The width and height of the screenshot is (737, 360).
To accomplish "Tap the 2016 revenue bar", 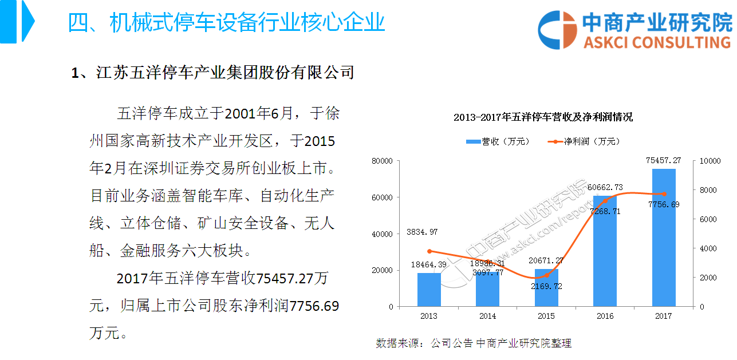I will [605, 252].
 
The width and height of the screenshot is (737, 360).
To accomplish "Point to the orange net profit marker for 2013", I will [429, 251].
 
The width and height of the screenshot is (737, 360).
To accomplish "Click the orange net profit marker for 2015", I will [546, 275].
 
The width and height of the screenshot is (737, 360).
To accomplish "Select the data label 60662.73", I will [607, 187].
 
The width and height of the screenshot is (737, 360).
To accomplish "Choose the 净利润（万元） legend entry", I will [584, 141].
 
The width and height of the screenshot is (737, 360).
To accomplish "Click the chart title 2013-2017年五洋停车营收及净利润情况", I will [543, 117].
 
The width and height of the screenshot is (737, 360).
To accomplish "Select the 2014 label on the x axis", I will [487, 316].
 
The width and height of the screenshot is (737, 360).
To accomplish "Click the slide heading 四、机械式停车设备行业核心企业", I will [226, 23].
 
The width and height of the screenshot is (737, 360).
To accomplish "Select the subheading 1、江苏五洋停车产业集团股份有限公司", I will [212, 73].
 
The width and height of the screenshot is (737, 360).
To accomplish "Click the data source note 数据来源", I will [473, 343].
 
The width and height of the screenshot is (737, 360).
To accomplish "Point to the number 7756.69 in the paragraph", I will [314, 306].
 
